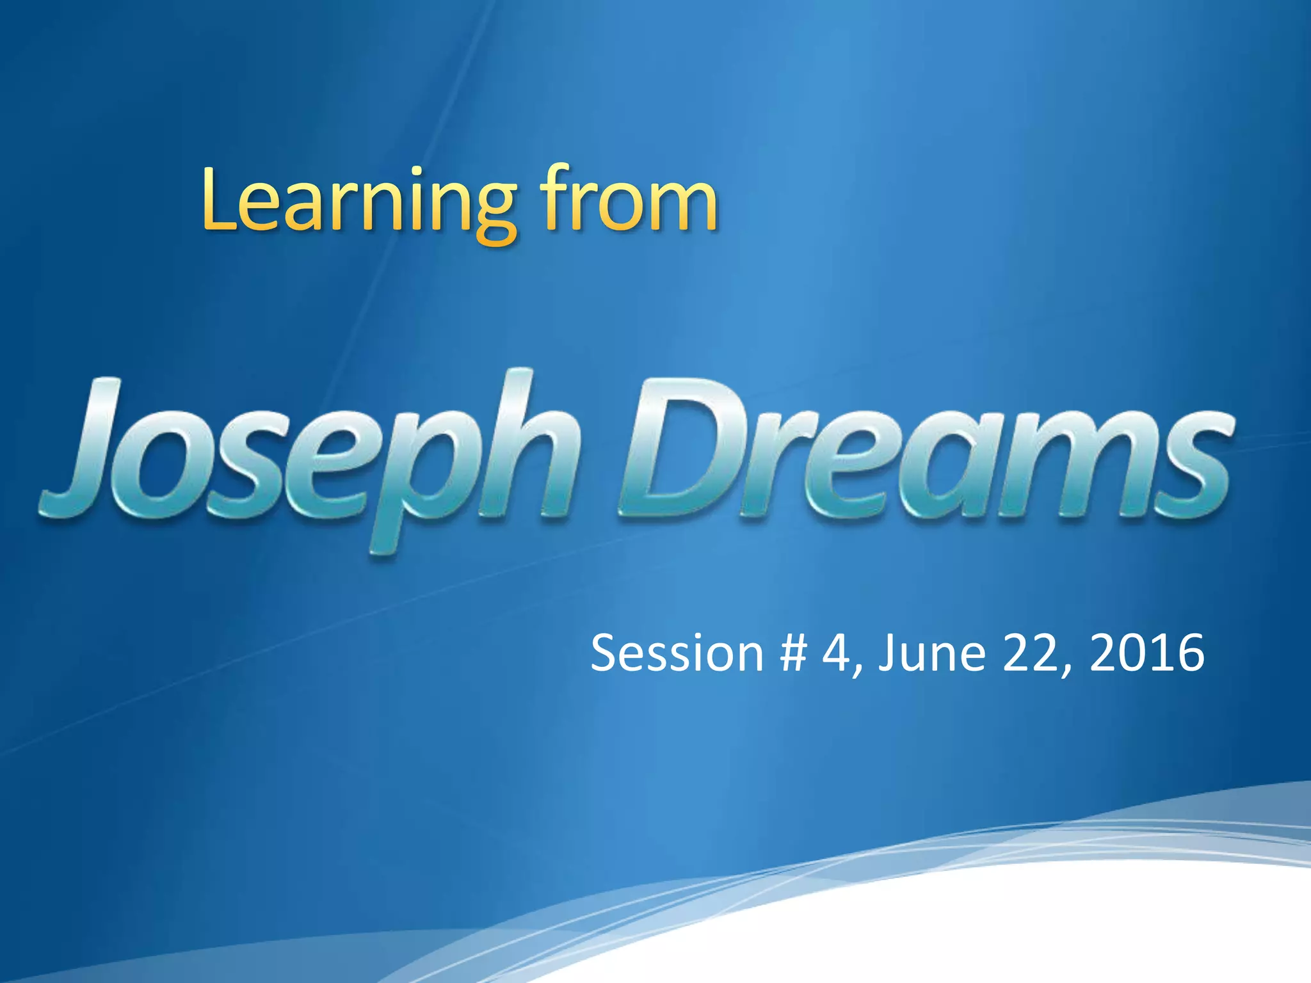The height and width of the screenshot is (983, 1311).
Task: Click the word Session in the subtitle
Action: pyautogui.click(x=677, y=653)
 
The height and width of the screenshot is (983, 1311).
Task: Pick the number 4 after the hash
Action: pyautogui.click(x=836, y=653)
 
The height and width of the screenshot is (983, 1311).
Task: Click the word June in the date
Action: pyautogui.click(x=931, y=653)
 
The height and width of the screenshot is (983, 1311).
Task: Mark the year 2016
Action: pyautogui.click(x=1146, y=653)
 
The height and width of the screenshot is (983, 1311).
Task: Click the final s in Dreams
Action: pyautogui.click(x=1191, y=463)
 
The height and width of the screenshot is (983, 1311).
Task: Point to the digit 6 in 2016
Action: pyautogui.click(x=1191, y=653)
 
